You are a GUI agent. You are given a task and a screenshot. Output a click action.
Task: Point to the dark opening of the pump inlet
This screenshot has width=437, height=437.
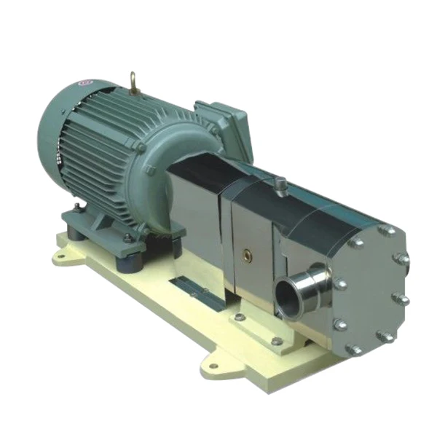[x=290, y=298]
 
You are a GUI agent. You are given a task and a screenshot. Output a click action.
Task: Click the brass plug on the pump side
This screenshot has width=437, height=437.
[x=249, y=256]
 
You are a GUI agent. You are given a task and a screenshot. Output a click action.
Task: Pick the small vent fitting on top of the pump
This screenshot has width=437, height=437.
[x=280, y=189]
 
